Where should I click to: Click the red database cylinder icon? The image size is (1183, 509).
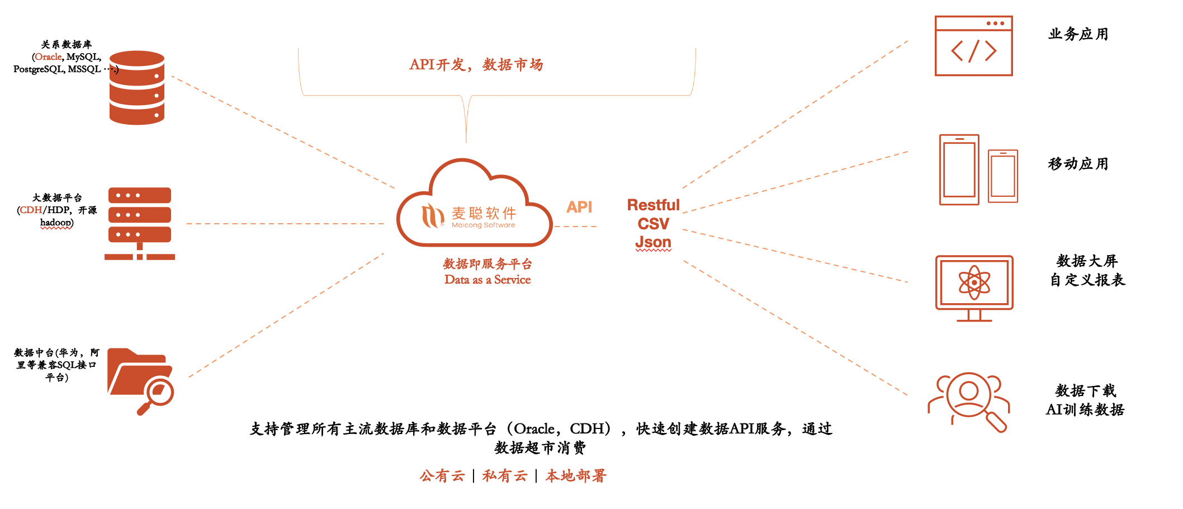137,87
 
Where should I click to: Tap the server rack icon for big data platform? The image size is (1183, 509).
140,223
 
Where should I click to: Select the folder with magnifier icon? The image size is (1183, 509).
140,380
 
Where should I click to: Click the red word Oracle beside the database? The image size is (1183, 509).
48,56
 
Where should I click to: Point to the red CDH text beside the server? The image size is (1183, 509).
31,210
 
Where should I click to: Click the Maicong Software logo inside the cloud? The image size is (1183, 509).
469,216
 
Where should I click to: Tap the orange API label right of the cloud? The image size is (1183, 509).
579,207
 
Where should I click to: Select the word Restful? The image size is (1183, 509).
653,205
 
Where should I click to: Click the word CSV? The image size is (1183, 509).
653,224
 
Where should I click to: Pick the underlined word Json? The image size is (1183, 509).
653,242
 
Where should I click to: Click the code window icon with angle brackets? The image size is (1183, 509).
973,46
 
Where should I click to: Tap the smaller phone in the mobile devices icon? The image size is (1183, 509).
1002,176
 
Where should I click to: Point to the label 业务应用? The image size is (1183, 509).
1078,34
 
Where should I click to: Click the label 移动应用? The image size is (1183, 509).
1078,164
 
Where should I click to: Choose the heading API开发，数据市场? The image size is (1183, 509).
476,65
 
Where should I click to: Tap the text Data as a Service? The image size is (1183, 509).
488,280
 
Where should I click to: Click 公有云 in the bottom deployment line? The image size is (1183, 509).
442,476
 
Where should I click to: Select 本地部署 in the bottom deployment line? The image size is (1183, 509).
576,476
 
